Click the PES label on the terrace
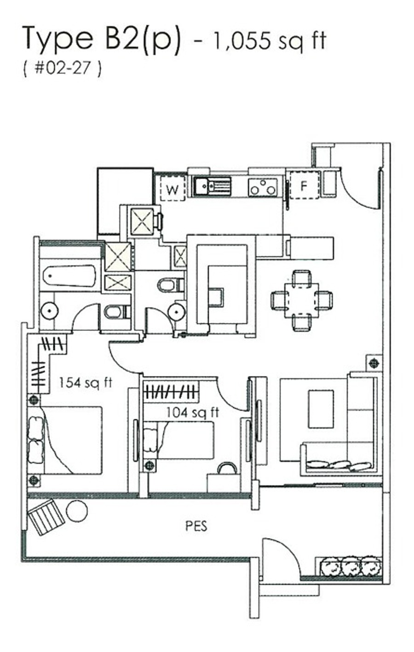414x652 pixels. click(196, 526)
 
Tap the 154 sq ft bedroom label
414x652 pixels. click(86, 383)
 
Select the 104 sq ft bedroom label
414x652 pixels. click(193, 413)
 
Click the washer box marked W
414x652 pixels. click(172, 188)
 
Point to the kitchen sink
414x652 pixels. click(213, 186)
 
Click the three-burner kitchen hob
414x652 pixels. click(263, 187)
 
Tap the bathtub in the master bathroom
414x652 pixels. click(69, 276)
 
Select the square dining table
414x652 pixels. click(302, 300)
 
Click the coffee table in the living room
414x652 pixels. click(321, 409)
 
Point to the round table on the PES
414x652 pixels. click(77, 510)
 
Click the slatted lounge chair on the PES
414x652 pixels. click(46, 516)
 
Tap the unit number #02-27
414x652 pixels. click(63, 70)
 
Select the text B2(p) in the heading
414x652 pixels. click(142, 40)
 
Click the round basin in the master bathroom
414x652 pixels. click(50, 311)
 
